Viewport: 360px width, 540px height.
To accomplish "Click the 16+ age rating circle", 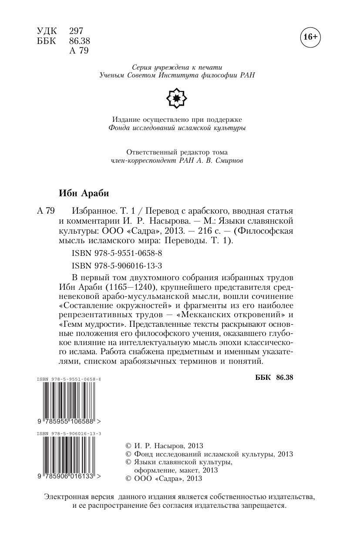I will click(x=310, y=37).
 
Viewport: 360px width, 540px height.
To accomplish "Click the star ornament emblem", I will click(x=177, y=98).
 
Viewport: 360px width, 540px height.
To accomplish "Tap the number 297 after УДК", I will click(x=76, y=31).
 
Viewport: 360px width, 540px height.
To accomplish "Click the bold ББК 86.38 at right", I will click(x=274, y=377).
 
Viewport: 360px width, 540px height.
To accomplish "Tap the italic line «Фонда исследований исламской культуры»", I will click(x=177, y=128).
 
